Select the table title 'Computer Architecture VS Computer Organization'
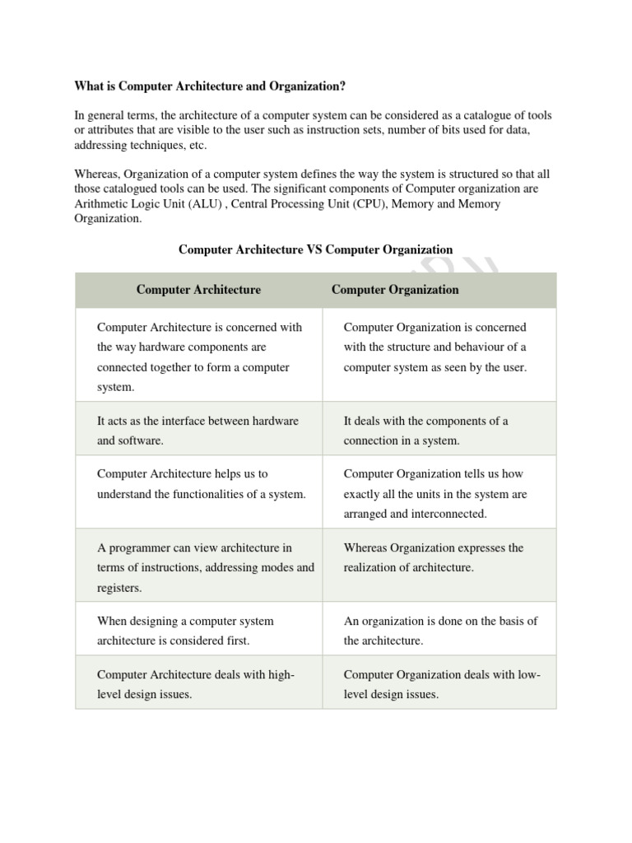pos(315,249)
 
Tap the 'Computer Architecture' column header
pos(198,290)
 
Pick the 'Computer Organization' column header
pos(395,290)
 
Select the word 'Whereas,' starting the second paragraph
pos(97,175)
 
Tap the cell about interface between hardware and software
pos(197,431)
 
